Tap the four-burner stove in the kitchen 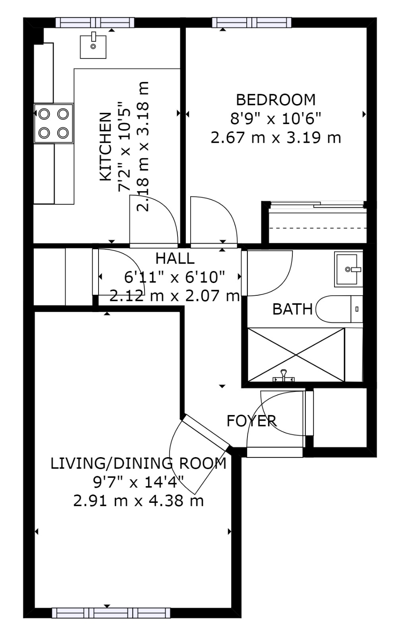(x=54, y=123)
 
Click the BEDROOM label (x=276, y=99)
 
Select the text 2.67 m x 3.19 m (x=276, y=138)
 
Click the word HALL (x=175, y=258)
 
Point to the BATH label (x=292, y=309)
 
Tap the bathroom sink (x=348, y=269)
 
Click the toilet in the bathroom (x=338, y=309)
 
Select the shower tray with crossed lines (x=296, y=355)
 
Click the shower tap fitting (x=283, y=376)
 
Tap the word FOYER (x=251, y=421)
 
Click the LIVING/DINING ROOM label (x=138, y=463)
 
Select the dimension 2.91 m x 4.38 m (x=138, y=500)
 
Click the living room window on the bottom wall (x=111, y=613)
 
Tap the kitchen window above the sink (x=95, y=22)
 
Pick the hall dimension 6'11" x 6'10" (x=175, y=277)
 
